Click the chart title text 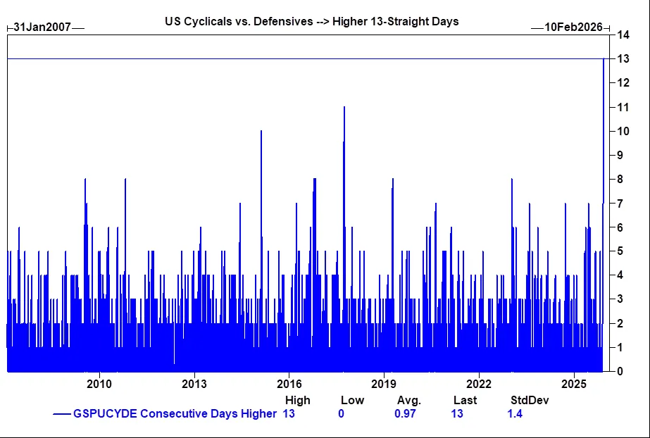point(311,21)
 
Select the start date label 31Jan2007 point(42,27)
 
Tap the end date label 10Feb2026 point(573,27)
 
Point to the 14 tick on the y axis point(623,35)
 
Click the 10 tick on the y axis point(623,131)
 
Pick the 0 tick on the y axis point(620,372)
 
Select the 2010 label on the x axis point(99,384)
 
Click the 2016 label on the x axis point(289,384)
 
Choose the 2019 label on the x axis point(385,384)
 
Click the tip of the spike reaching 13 point(604,59)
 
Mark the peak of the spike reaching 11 point(344,107)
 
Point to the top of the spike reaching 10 point(261,131)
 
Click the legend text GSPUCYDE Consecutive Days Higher point(175,413)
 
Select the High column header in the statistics point(297,400)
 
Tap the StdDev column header point(530,400)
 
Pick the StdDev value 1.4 point(515,413)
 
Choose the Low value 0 point(341,413)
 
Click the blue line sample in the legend point(62,414)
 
